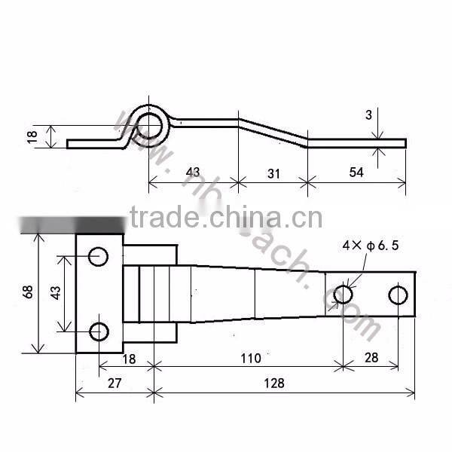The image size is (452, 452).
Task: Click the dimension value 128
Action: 275,383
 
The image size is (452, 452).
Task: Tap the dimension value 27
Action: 114,383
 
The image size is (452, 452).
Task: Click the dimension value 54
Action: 356,173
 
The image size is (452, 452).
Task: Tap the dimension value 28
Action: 370,358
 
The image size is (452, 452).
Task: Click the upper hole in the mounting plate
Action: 99,256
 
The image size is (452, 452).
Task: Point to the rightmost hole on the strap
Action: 398,294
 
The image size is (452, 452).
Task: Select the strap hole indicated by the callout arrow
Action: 343,294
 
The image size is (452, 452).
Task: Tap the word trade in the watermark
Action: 160,218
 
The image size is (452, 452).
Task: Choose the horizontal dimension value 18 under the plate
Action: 129,359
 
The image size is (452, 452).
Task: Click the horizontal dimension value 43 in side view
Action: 193,173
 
